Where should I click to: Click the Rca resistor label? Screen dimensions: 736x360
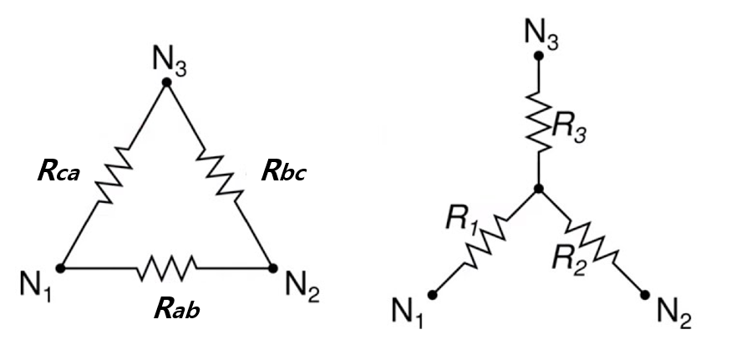[x=58, y=172]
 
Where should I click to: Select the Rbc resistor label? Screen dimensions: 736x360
[x=284, y=174]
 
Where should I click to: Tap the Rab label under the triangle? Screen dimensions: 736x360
[x=177, y=309]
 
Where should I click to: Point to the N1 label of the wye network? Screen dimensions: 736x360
[x=409, y=314]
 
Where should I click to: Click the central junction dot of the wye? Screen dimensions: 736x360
[x=539, y=190]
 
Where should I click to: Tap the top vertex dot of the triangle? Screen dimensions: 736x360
[x=167, y=81]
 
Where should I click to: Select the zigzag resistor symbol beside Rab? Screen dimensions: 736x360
[x=167, y=268]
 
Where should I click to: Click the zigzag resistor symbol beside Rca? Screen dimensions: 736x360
[x=114, y=175]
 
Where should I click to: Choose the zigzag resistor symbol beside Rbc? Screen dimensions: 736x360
[x=221, y=175]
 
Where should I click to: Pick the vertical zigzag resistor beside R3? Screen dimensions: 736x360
[x=540, y=120]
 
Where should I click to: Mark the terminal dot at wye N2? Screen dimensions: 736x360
[x=645, y=293]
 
